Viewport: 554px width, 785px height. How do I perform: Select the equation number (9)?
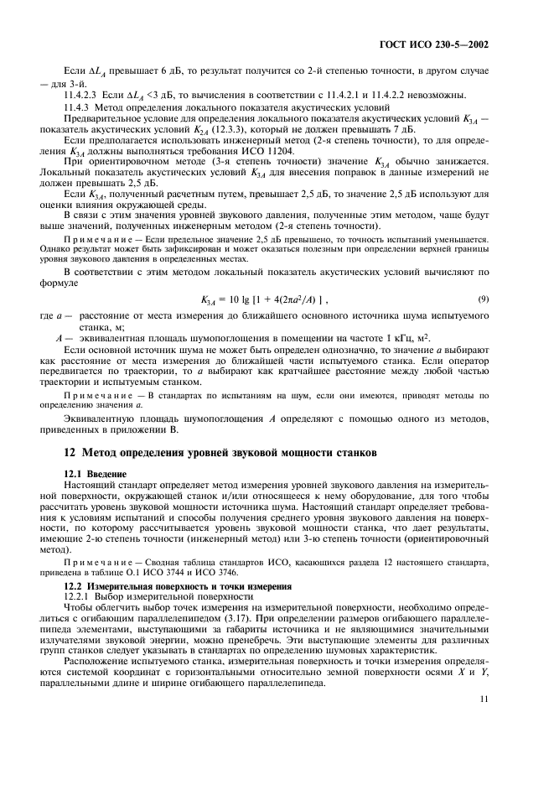pyautogui.click(x=483, y=299)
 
